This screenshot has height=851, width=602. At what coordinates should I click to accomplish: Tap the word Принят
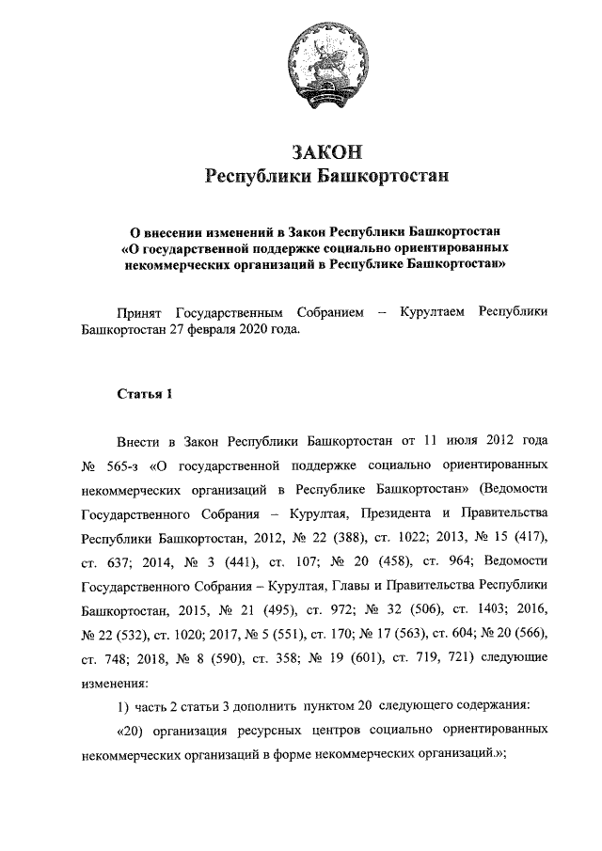[139, 311]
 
